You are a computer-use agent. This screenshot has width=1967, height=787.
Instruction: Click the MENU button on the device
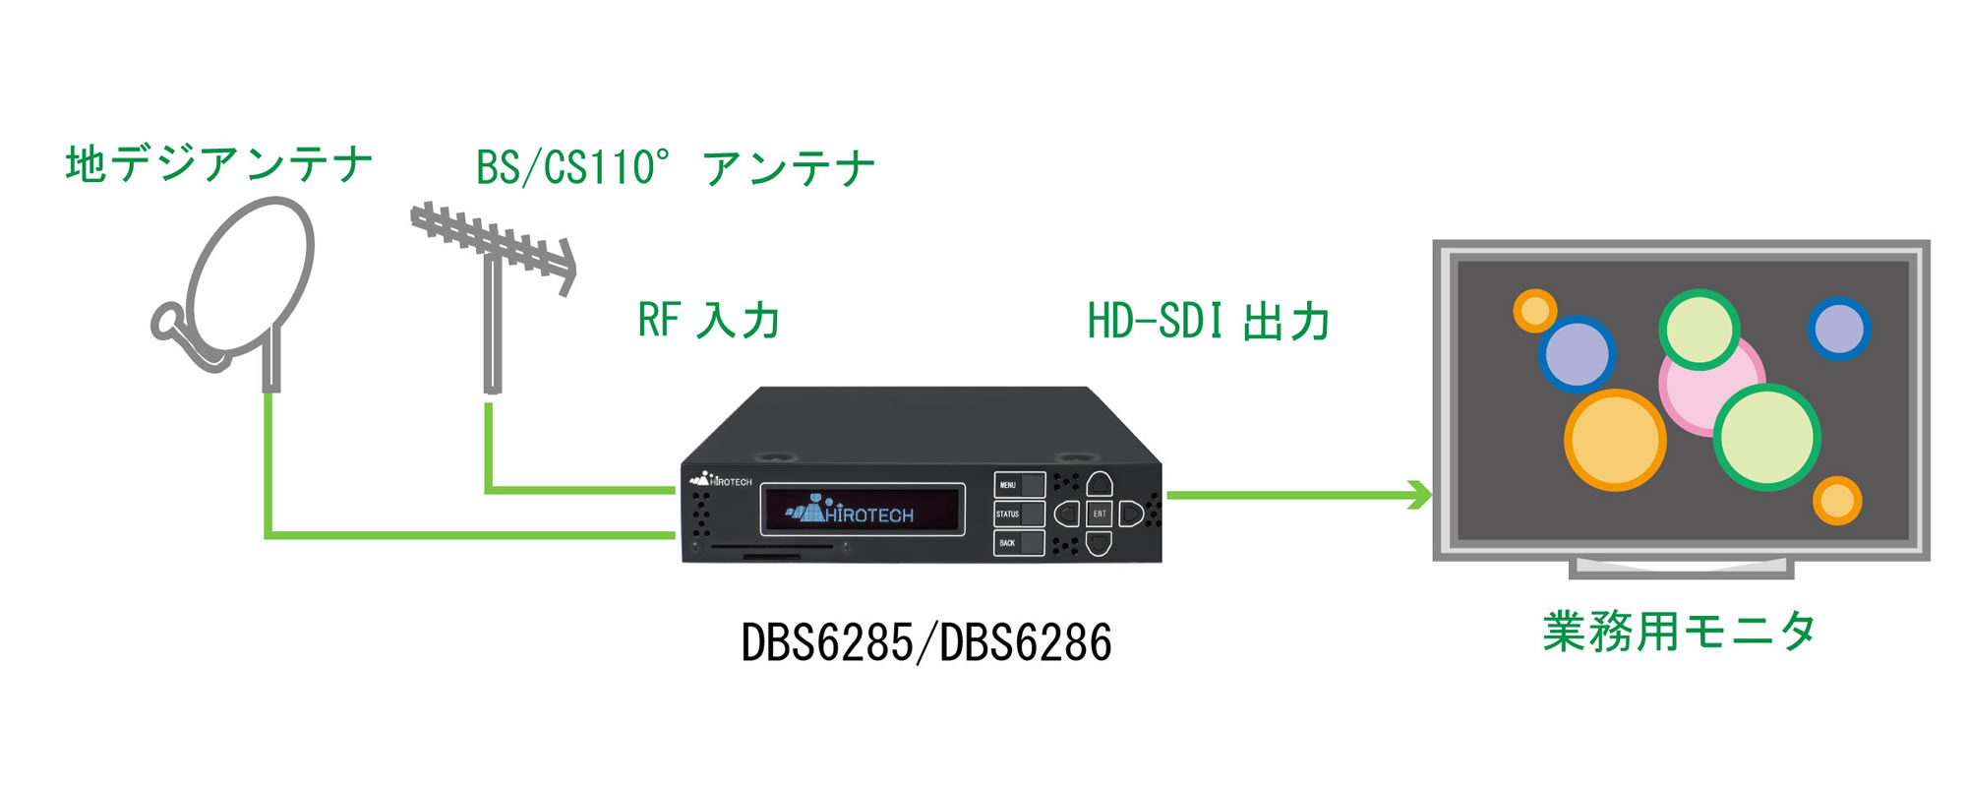click(x=1019, y=485)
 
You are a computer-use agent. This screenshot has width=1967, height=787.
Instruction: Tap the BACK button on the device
click(x=1019, y=543)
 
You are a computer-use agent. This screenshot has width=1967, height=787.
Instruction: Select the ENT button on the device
click(x=1100, y=514)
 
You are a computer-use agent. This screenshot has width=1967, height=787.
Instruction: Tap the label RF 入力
click(x=709, y=321)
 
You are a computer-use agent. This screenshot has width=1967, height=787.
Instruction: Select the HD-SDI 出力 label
click(x=1209, y=322)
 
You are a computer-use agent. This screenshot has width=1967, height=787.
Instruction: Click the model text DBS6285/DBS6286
click(x=926, y=643)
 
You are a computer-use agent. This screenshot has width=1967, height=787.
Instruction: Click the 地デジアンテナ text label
click(x=219, y=164)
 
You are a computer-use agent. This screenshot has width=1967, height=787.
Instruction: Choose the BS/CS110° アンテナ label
click(x=676, y=168)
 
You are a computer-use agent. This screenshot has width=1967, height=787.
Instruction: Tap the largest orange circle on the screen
click(x=1615, y=440)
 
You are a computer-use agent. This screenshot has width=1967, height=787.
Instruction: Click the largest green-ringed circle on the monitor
click(x=1767, y=438)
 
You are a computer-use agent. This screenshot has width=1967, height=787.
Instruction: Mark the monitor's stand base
click(x=1682, y=569)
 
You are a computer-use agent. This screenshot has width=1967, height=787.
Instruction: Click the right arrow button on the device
click(x=1131, y=514)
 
